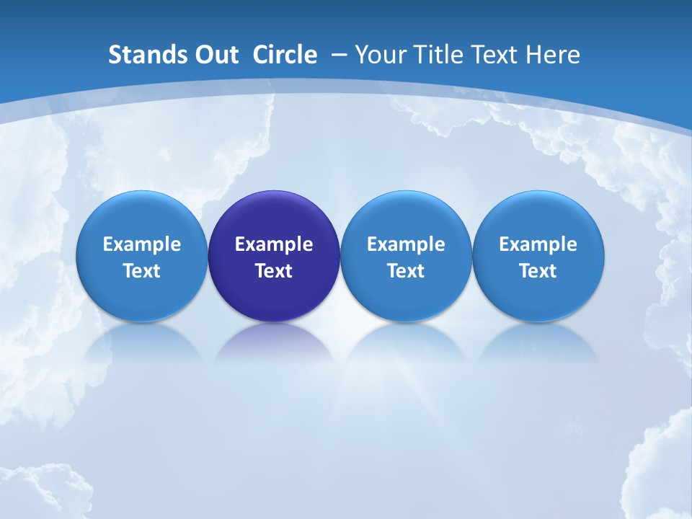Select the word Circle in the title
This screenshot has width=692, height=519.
(285, 55)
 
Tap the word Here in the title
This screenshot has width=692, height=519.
(552, 55)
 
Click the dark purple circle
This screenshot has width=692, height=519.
(274, 216)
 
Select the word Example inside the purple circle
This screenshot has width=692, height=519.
(274, 244)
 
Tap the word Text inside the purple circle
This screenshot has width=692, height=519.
(274, 271)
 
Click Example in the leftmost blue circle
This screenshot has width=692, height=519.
(142, 244)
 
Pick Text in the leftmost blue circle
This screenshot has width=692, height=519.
(142, 271)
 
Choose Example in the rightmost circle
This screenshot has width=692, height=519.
(538, 244)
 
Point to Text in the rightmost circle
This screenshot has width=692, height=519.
(538, 271)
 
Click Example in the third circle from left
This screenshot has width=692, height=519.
(406, 244)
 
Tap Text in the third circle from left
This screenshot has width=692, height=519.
(406, 271)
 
